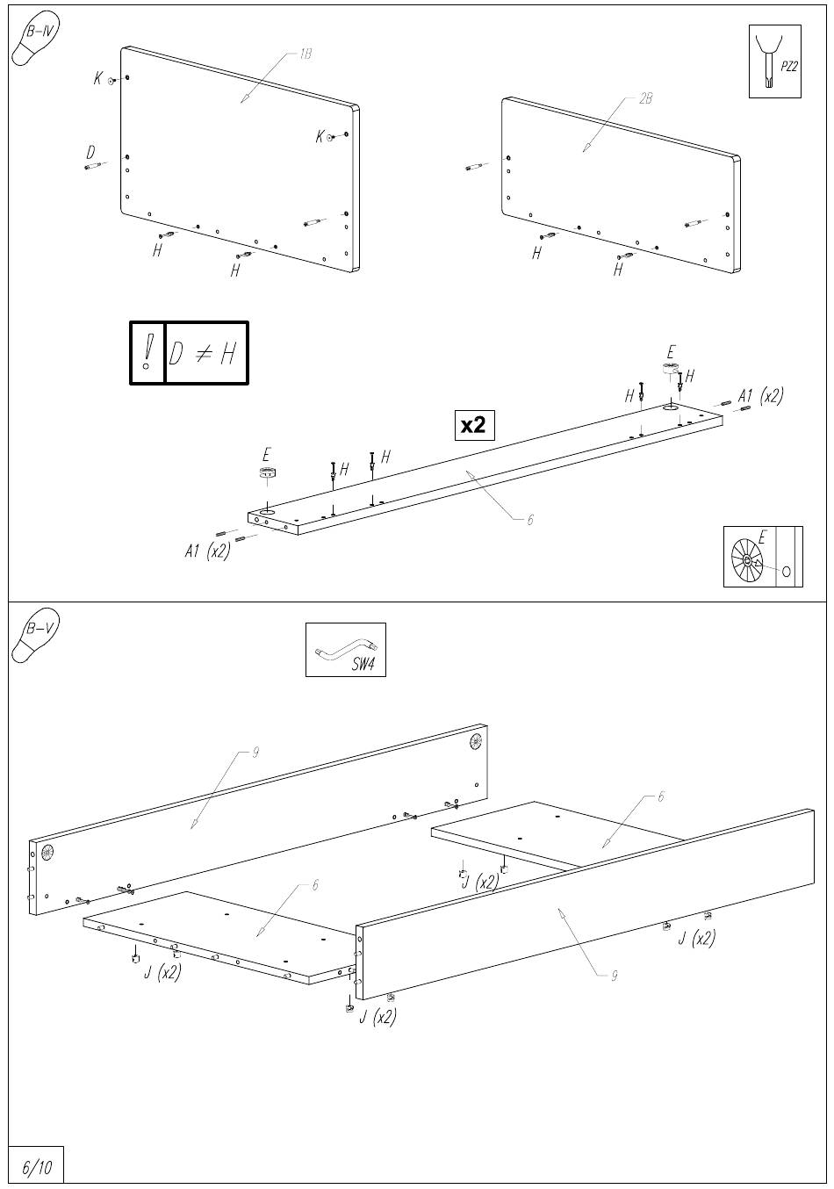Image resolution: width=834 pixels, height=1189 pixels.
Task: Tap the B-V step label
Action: coord(41,629)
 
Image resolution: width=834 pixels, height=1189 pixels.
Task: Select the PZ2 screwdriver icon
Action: coord(774,61)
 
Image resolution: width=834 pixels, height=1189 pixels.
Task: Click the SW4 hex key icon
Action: coord(345,650)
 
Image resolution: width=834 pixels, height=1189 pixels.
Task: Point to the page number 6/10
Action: coord(36,1167)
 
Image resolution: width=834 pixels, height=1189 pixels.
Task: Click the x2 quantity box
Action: coord(473,425)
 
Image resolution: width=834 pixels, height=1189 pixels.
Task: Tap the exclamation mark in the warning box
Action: coord(147,353)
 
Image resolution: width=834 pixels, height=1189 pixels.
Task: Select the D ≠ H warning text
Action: coord(205,353)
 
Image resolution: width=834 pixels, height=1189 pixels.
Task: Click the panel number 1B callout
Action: coord(305,54)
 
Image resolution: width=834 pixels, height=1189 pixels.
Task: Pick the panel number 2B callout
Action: coord(645,99)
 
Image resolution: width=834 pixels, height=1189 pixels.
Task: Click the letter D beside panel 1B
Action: coord(90,153)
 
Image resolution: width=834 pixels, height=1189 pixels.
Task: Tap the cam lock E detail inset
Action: coord(762,557)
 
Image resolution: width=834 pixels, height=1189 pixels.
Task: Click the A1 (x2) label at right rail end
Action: coord(760,396)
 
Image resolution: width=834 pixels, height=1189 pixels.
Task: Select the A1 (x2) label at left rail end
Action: coord(207,551)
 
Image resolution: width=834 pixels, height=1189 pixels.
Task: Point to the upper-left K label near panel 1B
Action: coord(98,79)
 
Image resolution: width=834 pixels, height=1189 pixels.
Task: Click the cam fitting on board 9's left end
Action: coord(47,852)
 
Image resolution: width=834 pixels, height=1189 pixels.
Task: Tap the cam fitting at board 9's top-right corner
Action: coord(477,740)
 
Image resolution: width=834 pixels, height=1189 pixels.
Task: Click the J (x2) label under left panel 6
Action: coord(162,973)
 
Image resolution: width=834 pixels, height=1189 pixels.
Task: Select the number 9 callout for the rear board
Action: coord(255,753)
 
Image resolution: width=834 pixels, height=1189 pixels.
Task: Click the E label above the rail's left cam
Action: coord(267,455)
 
